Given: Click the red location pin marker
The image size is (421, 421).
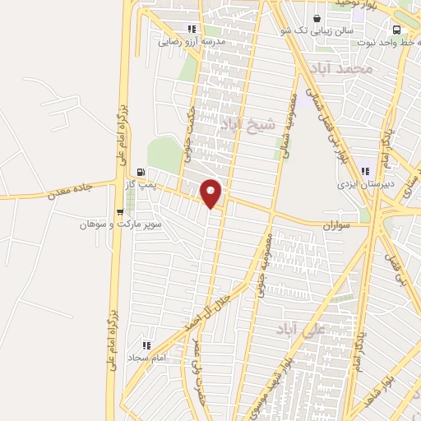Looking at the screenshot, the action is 211,193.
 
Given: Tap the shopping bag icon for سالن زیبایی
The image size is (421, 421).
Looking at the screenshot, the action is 317,18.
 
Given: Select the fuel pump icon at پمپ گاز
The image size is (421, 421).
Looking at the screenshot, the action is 141,173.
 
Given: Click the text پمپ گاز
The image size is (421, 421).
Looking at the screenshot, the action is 141,185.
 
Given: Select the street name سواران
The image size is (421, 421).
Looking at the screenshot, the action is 336,224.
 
